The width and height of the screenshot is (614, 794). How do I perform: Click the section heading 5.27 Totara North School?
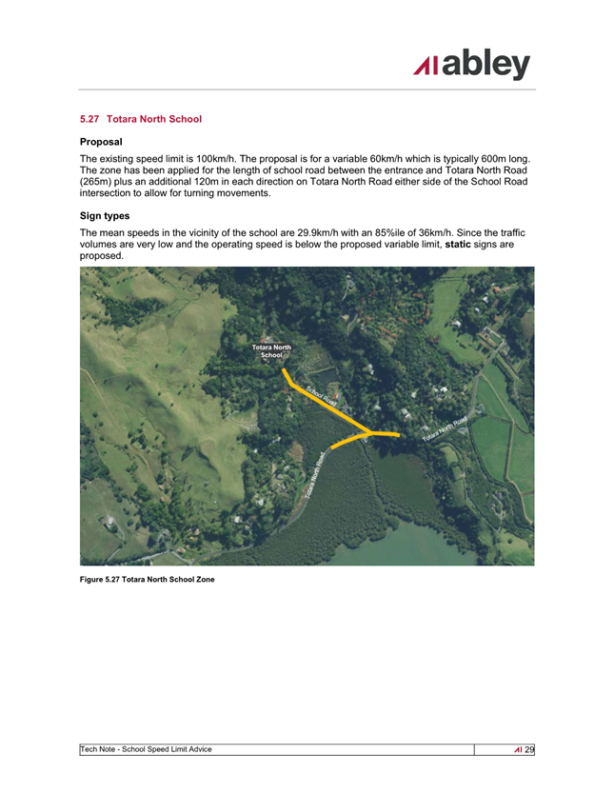[x=141, y=119]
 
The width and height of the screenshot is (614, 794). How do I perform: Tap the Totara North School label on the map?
[x=271, y=351]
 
